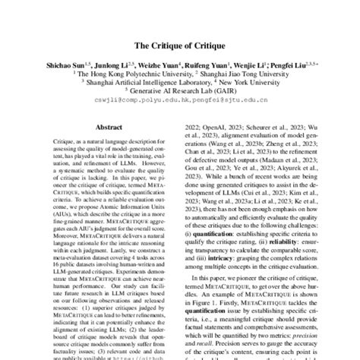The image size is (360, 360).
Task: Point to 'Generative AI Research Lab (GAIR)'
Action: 182,96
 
